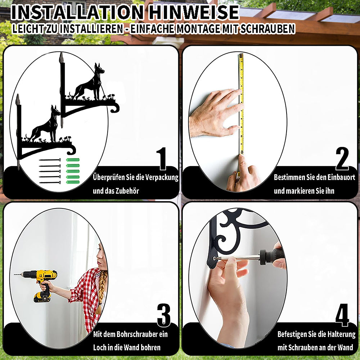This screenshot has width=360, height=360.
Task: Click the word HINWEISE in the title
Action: [x=194, y=12]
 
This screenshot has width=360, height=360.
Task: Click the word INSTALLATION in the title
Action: [x=77, y=12]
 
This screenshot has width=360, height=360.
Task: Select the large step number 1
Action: [x=162, y=158]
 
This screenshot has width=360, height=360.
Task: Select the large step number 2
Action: [x=342, y=158]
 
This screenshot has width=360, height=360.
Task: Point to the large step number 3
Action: [x=164, y=315]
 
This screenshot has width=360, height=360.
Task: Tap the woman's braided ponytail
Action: [x=101, y=292]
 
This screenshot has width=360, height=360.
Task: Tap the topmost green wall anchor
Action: [x=73, y=160]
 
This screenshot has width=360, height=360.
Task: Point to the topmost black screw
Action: [x=50, y=160]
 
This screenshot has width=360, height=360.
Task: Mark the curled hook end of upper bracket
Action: [x=115, y=108]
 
